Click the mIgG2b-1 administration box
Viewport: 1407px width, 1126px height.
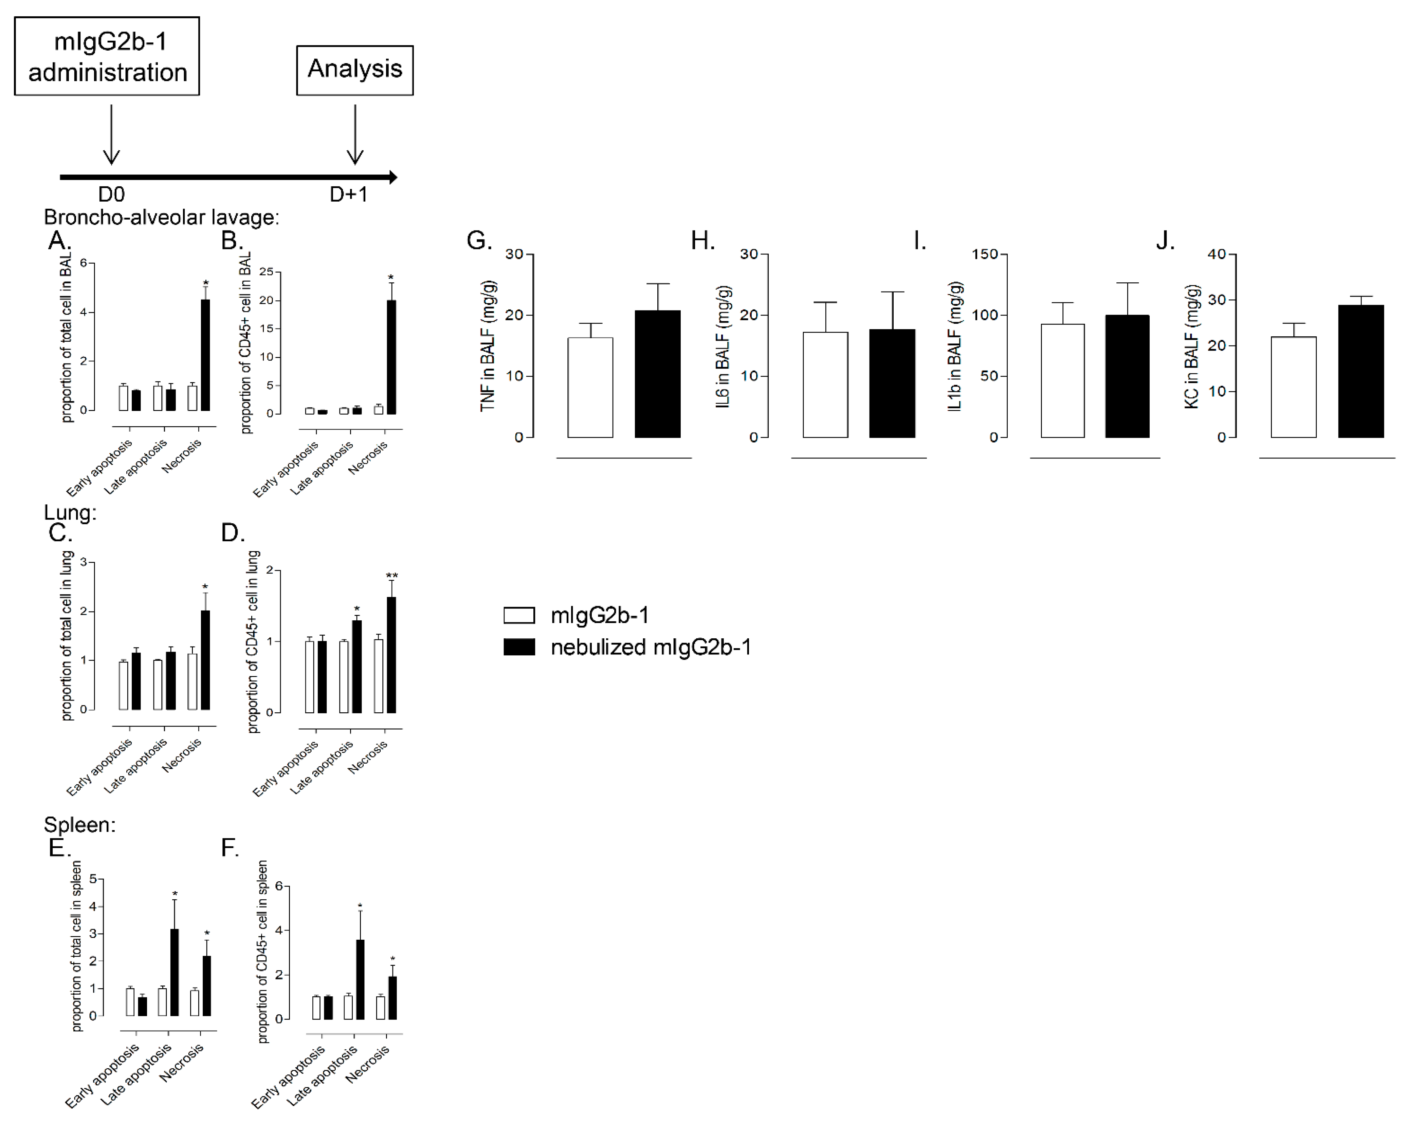(x=107, y=56)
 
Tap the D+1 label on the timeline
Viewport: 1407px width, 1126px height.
(x=348, y=194)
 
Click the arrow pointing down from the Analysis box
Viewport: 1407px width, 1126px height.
(x=355, y=134)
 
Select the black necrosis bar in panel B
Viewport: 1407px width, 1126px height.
(x=391, y=357)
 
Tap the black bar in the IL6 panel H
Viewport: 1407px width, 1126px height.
(x=892, y=383)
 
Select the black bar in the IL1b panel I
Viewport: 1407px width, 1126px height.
(x=1127, y=376)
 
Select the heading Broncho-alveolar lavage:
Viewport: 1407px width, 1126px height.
(x=161, y=217)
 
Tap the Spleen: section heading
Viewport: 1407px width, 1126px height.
(x=79, y=825)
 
